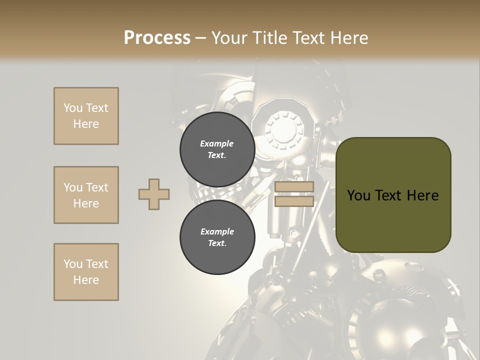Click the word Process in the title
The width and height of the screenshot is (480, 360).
coord(157,38)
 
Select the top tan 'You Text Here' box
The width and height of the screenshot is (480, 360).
coord(86,116)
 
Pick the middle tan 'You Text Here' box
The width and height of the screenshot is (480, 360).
coord(86,195)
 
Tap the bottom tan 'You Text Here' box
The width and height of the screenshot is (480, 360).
coord(86,272)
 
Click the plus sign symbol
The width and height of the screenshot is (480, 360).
coord(154,194)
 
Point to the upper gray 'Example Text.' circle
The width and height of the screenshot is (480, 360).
coord(217,149)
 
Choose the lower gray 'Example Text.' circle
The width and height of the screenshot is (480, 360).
coord(217,237)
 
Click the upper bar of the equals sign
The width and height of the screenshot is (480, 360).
coord(294,186)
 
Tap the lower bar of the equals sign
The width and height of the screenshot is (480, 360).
coord(294,201)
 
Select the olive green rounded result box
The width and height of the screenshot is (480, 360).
coord(393,195)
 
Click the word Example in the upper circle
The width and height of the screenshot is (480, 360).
coord(217,143)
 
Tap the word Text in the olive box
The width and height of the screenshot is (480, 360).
coord(388,195)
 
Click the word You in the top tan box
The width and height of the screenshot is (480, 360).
coord(73,108)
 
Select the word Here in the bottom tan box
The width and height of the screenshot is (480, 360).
coord(86,280)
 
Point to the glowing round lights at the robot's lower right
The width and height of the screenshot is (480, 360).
coord(405,335)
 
